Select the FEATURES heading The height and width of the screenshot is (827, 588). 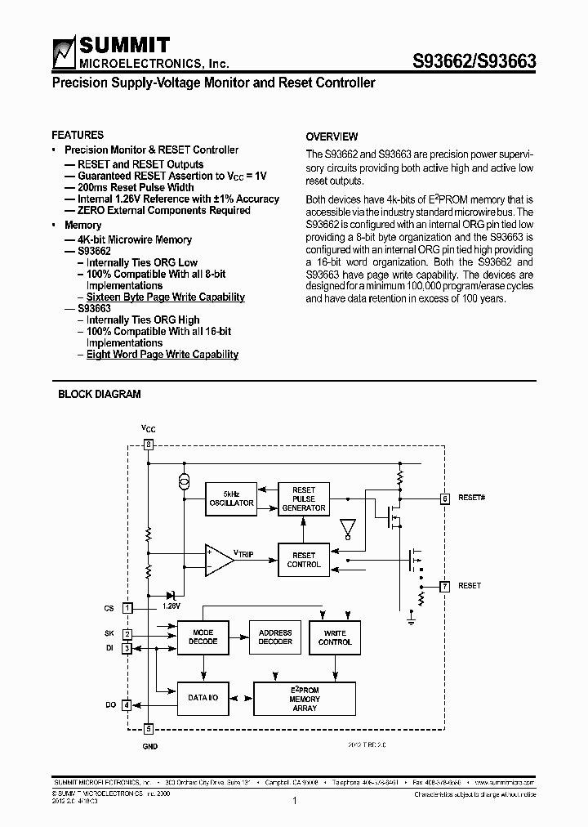(x=78, y=135)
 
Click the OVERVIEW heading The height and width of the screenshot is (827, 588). (x=332, y=136)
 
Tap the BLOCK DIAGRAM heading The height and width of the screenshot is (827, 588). (x=99, y=394)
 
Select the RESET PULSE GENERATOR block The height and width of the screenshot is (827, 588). (x=303, y=498)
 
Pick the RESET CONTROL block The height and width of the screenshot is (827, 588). (x=303, y=560)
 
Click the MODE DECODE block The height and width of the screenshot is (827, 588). (x=203, y=637)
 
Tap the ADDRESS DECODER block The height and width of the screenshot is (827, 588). (x=275, y=637)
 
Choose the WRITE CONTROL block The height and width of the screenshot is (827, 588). (x=335, y=637)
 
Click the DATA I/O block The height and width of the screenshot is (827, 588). (x=203, y=699)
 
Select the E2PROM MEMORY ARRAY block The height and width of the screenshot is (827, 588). (x=305, y=699)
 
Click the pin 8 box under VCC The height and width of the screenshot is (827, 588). (x=148, y=445)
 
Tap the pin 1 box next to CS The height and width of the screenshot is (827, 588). (x=127, y=607)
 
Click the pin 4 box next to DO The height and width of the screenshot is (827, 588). (x=127, y=704)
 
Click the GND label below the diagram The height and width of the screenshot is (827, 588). (x=149, y=746)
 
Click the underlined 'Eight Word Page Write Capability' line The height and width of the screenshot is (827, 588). (x=163, y=354)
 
